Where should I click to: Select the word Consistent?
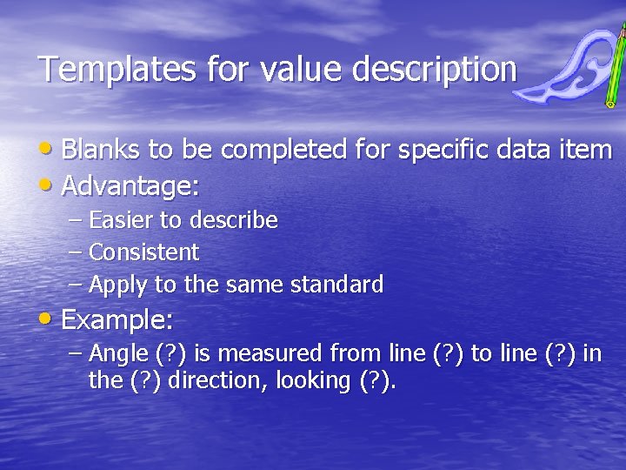coord(144,253)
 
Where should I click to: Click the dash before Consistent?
coord(75,253)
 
